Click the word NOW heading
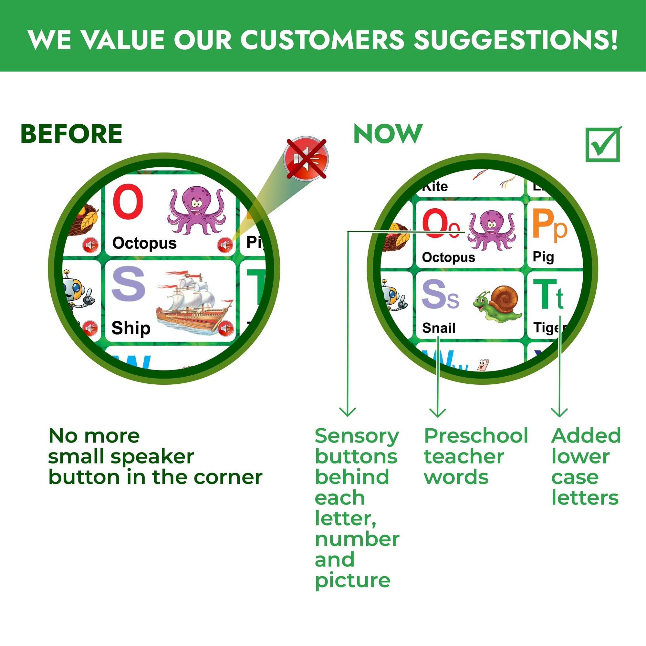click(388, 134)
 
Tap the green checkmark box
click(603, 145)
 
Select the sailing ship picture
click(194, 303)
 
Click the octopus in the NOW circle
click(491, 230)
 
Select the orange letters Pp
click(549, 224)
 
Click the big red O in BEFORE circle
click(128, 201)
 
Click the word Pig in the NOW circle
click(543, 257)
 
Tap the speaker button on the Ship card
click(225, 328)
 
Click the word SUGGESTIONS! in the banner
click(515, 40)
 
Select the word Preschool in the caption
click(476, 436)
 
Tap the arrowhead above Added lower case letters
click(559, 413)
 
